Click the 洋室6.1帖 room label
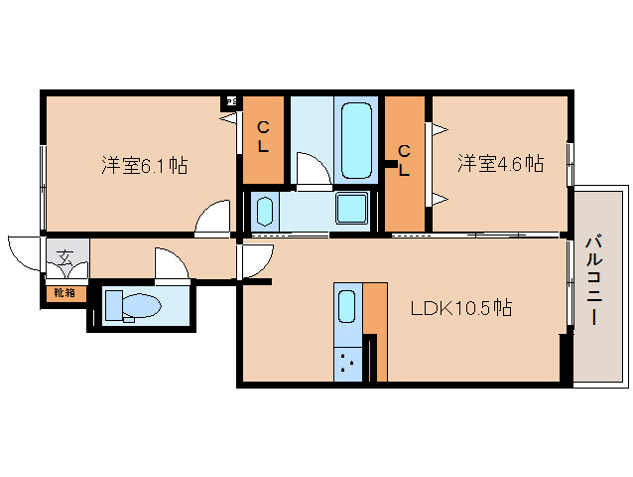(144, 166)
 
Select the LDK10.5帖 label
(461, 308)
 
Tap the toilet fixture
(131, 305)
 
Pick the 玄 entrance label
(64, 258)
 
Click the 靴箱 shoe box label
(64, 293)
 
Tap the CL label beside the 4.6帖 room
(405, 159)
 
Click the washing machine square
(351, 209)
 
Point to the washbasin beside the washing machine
(264, 211)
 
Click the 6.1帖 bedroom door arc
(211, 221)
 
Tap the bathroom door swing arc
(311, 169)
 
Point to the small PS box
(231, 99)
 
